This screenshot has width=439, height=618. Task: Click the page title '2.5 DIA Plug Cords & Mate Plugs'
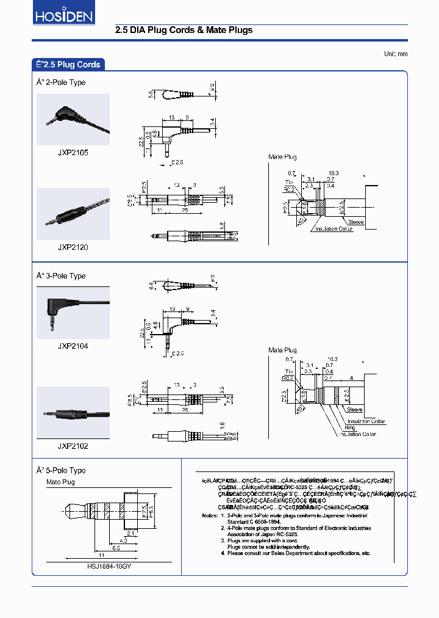184,30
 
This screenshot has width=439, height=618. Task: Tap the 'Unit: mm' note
395,54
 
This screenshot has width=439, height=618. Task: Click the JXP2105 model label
73,153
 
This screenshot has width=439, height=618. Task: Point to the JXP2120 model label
73,247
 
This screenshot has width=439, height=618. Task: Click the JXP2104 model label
73,346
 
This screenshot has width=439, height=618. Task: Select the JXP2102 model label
73,446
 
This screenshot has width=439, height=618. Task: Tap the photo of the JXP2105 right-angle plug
73,119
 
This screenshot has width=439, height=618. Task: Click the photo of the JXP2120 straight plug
73,214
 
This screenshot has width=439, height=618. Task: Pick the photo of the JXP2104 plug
73,312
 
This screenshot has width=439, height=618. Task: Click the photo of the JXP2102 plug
73,412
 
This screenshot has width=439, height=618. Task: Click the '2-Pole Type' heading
61,82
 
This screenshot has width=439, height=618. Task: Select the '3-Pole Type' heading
61,276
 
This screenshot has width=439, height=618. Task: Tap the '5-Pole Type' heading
61,470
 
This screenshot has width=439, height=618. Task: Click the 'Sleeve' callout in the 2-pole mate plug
355,222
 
